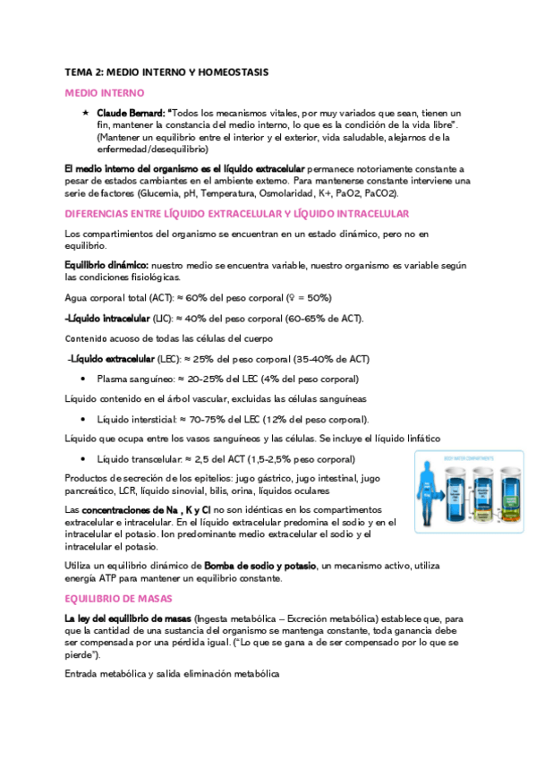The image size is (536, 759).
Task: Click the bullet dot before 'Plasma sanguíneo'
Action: point(84,379)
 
